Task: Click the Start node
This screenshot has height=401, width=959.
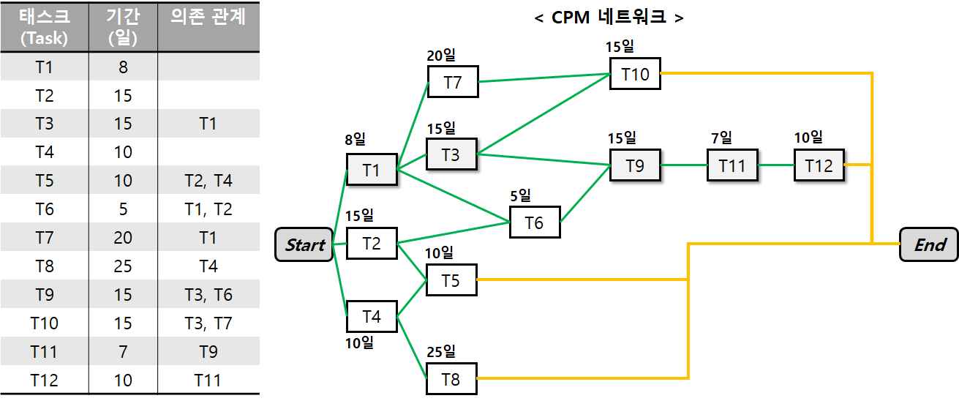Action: pos(304,244)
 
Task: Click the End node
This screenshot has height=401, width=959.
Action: pos(929,244)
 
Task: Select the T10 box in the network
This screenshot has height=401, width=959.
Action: pos(635,74)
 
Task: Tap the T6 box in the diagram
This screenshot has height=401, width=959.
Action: pos(535,222)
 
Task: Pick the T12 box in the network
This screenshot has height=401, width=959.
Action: pos(819,165)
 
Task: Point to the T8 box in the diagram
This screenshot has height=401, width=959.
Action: pos(451,379)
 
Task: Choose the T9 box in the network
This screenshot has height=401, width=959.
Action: pos(635,165)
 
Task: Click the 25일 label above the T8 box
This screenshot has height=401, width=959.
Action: pos(440,351)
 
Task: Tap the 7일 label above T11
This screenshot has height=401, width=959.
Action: pos(721,138)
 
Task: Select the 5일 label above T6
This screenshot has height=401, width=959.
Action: pos(522,195)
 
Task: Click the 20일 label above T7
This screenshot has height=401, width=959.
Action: pos(440,56)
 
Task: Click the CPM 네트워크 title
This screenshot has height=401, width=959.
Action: pos(609,16)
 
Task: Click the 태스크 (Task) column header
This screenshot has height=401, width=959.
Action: pos(44,26)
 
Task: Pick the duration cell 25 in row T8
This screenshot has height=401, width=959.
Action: pos(123,266)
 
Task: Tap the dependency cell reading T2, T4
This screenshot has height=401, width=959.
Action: pos(208,181)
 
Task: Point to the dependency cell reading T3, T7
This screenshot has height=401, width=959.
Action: pos(208,323)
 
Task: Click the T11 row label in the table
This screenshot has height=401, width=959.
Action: pos(44,351)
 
